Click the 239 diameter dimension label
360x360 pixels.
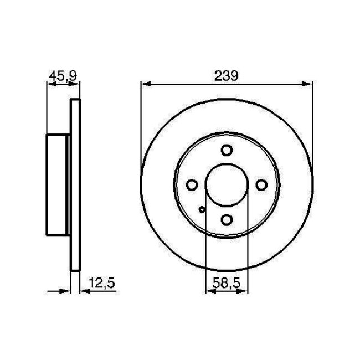227,76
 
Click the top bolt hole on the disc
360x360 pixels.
227,150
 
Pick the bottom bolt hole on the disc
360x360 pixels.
227,220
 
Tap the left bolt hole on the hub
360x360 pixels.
192,185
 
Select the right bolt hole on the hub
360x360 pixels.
261,185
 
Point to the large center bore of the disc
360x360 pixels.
227,185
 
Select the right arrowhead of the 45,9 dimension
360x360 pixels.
76,84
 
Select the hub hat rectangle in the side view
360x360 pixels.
57,185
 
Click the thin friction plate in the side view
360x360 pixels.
76,185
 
